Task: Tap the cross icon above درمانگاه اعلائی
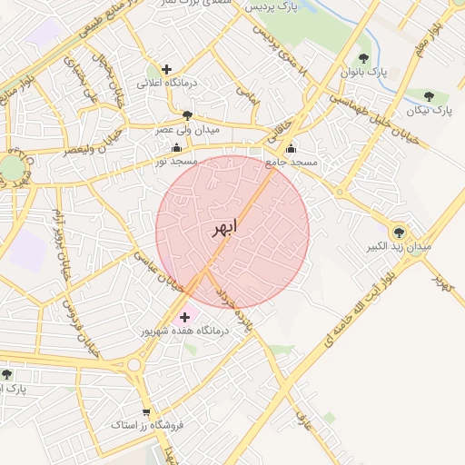(166, 69)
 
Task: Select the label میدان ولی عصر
(187, 130)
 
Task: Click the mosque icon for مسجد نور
(176, 147)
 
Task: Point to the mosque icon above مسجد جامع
(291, 149)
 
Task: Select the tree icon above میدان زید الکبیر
(398, 232)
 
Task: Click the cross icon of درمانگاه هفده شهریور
(185, 317)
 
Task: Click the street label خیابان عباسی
(159, 272)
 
